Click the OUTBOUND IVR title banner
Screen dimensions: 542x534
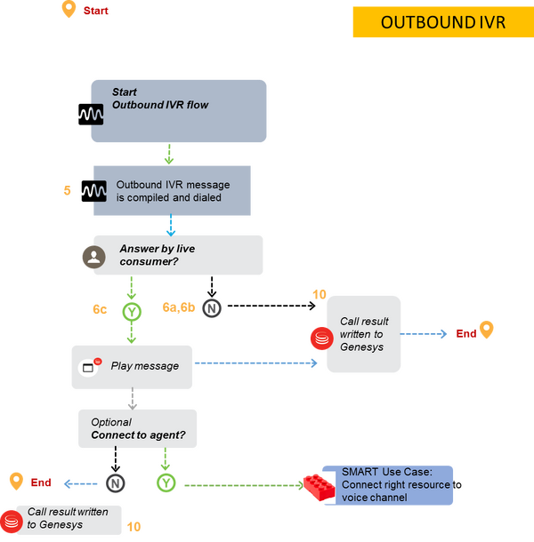pos(442,22)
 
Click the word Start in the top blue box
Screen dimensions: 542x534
pos(125,92)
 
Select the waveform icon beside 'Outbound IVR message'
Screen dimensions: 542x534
pos(99,190)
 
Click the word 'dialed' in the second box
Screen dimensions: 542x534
pos(202,197)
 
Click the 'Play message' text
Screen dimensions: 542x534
pos(145,365)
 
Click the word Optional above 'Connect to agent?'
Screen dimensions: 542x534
pos(111,422)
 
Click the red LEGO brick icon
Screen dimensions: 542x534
pos(318,486)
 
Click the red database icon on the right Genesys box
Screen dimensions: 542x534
pos(319,337)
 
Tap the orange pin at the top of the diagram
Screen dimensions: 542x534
pos(69,10)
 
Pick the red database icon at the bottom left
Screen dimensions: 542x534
pos(11,519)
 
